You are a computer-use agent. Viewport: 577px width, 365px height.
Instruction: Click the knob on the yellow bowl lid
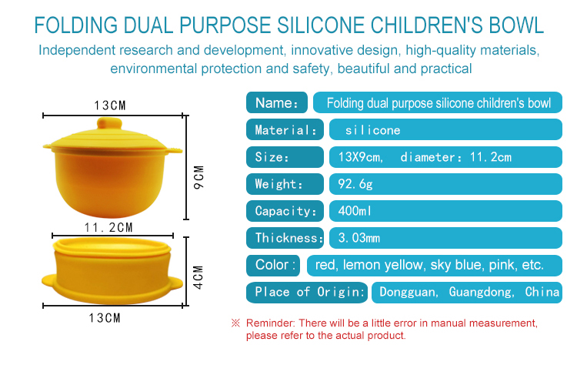click(x=109, y=123)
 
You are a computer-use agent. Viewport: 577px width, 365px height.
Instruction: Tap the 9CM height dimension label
click(x=198, y=178)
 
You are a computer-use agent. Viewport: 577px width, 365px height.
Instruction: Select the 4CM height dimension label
click(x=198, y=277)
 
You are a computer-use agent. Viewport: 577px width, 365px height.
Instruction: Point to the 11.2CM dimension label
click(x=108, y=228)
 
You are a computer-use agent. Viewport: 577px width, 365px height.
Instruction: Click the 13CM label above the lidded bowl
click(x=110, y=105)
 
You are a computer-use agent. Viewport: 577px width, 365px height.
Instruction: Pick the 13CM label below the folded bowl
click(x=105, y=318)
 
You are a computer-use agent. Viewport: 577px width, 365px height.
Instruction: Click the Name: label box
click(x=277, y=102)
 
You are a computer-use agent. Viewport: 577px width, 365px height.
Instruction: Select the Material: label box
click(x=285, y=129)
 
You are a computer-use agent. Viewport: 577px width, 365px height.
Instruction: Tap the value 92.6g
click(x=355, y=184)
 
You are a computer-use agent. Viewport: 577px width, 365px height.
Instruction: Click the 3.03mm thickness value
click(x=359, y=238)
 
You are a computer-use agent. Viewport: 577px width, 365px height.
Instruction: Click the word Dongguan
click(x=409, y=293)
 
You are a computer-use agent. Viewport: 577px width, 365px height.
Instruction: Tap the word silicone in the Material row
click(x=373, y=130)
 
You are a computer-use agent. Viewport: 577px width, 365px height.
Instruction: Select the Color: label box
click(x=273, y=265)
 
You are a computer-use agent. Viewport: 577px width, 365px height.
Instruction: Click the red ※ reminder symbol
click(x=235, y=323)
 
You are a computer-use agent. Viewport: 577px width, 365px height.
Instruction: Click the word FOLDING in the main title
click(x=76, y=25)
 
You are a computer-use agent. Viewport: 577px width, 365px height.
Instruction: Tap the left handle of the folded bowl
click(x=49, y=281)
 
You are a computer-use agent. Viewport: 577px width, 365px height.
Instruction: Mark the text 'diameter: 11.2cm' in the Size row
click(x=456, y=157)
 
